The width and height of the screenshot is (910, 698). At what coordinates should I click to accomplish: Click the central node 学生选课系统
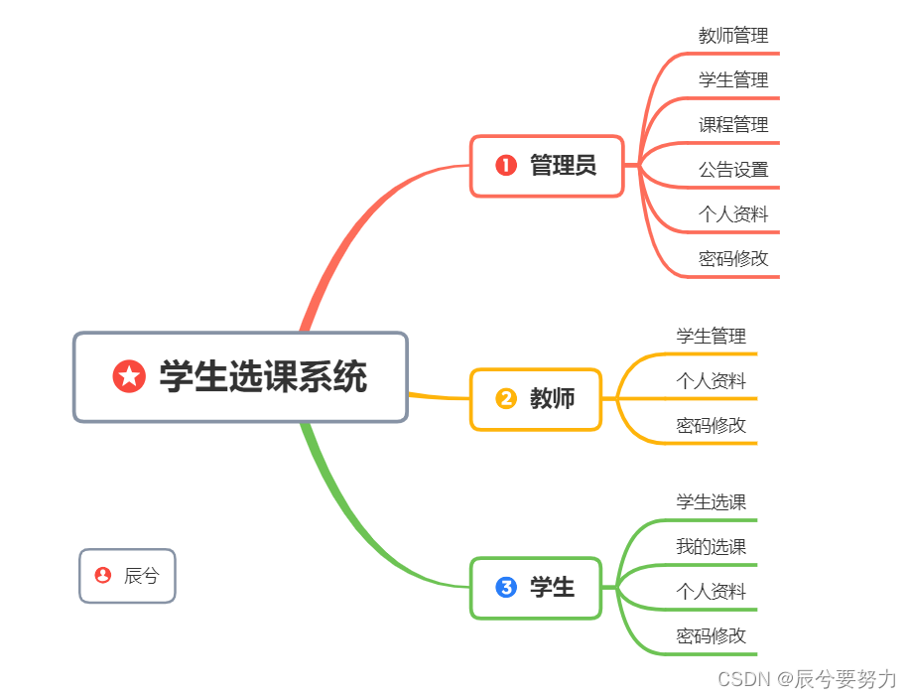click(x=240, y=377)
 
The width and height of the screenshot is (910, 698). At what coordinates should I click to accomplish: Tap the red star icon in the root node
click(x=129, y=376)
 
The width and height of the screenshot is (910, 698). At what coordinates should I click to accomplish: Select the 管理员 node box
click(x=547, y=166)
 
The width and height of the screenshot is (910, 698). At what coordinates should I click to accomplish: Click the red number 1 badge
click(x=506, y=166)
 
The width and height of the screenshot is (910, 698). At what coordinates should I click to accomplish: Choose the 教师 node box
click(x=536, y=399)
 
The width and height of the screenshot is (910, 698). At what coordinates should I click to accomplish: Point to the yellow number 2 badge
click(x=506, y=399)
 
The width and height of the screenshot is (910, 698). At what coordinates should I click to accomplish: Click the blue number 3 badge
click(x=506, y=588)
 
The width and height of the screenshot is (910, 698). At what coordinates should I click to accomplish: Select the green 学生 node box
click(x=536, y=588)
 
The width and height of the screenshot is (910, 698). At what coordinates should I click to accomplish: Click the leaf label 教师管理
click(x=733, y=36)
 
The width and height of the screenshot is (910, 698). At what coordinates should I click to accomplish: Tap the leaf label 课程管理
click(x=733, y=125)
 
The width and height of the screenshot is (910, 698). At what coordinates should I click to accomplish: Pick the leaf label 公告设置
click(x=733, y=170)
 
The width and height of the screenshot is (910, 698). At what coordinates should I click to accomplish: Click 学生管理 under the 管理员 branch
click(x=733, y=80)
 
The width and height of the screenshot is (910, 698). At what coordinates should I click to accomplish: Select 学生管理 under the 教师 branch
click(x=712, y=337)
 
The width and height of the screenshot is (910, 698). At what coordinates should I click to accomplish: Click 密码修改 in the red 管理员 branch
click(x=733, y=259)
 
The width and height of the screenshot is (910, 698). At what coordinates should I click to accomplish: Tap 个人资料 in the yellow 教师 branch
click(x=712, y=381)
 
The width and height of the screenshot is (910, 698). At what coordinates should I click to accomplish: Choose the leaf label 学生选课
click(x=712, y=502)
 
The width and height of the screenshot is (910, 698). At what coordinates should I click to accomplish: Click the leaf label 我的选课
click(x=712, y=547)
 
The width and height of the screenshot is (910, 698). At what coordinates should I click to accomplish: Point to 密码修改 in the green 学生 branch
click(x=712, y=636)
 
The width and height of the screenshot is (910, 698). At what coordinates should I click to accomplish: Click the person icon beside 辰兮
click(x=103, y=575)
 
